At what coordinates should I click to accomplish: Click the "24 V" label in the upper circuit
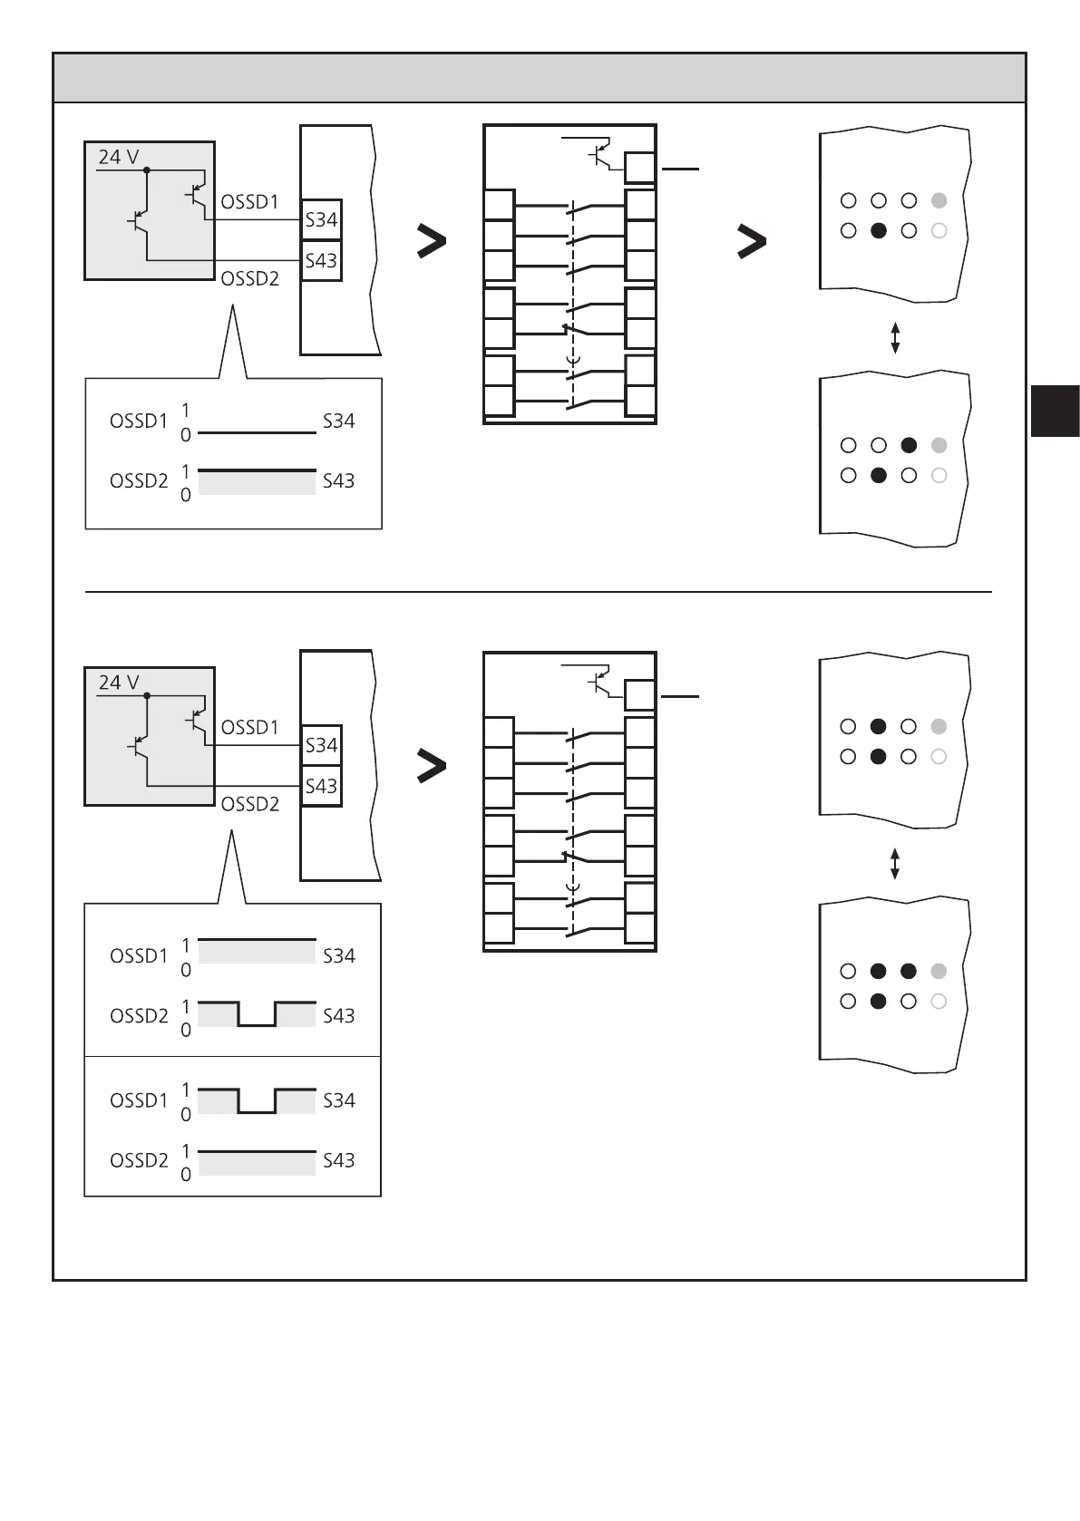coord(118,157)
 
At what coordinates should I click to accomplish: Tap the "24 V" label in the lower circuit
coord(118,683)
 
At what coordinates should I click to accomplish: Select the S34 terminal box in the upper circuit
coord(321,219)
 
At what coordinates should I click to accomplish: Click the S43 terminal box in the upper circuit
coord(321,261)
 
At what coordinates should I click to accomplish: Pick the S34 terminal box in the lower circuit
coord(321,745)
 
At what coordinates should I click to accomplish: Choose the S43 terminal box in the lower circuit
coord(321,786)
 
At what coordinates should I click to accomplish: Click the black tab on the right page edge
coord(1055,411)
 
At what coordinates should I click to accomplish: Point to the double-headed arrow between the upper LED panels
coord(895,337)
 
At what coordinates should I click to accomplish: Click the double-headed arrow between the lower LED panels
coord(895,864)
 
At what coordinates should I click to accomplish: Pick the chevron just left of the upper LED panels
coord(753,242)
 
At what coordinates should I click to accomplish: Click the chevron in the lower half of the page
coord(432,768)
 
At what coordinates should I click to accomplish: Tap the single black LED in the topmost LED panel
coord(878,231)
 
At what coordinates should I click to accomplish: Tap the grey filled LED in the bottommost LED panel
coord(939,972)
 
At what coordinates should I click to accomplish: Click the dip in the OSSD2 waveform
coord(258,1024)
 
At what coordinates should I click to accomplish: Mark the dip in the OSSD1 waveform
coord(258,1110)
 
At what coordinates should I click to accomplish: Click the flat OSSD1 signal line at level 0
coord(257,433)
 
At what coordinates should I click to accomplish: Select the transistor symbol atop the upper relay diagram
coord(599,155)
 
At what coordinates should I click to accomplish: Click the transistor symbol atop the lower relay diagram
coord(599,682)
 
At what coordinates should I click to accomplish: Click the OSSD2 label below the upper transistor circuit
coord(249,279)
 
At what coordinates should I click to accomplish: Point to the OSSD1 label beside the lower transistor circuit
coord(249,727)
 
